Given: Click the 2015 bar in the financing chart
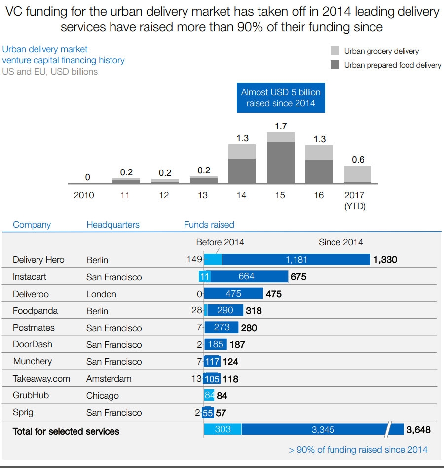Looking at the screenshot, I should (280, 161).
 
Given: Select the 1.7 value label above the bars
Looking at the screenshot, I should (281, 126).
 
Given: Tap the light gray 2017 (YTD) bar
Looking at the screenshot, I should (357, 174).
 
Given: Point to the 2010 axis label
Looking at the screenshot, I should (84, 195).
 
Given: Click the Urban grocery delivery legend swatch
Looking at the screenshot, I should (335, 51).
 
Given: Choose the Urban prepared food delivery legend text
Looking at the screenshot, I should (392, 65).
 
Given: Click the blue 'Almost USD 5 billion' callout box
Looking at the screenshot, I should (280, 97).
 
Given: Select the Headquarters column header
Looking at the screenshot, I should (113, 225).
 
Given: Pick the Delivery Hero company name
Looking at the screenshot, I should (38, 260).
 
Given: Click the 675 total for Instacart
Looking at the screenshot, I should (298, 277).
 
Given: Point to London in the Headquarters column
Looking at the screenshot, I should (101, 294).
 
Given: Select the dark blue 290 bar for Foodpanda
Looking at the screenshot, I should (225, 311).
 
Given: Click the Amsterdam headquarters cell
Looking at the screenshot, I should (109, 379).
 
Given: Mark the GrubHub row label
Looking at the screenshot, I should (31, 395).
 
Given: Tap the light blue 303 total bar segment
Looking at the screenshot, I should (222, 429).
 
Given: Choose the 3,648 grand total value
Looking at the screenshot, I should (418, 430).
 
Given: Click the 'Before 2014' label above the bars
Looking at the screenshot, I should (220, 242).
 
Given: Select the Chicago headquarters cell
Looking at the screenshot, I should (102, 396).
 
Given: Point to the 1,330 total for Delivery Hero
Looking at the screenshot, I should (385, 260).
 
